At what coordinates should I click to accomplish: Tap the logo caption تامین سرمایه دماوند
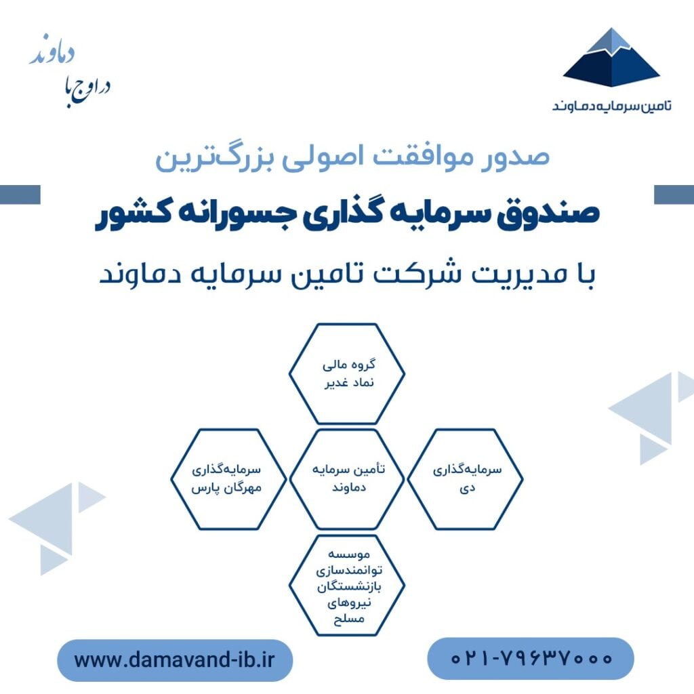tap(612, 106)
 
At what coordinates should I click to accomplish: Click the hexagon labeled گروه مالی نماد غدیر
tap(346, 373)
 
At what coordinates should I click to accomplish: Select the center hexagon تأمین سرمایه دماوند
tap(346, 479)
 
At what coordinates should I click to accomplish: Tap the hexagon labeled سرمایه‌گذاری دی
tap(465, 479)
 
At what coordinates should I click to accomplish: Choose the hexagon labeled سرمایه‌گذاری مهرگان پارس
tap(228, 479)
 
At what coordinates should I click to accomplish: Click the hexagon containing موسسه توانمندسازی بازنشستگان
tap(346, 585)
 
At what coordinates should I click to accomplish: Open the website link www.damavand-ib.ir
tap(174, 660)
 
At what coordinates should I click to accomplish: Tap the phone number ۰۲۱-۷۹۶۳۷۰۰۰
tap(531, 658)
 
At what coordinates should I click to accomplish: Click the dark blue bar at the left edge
tap(20, 195)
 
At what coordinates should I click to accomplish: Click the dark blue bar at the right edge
tap(674, 195)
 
